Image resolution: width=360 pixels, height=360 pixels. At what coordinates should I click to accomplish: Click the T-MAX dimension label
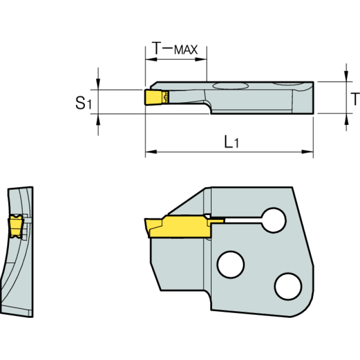175,48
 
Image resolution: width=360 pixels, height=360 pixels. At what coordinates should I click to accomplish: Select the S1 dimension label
83,103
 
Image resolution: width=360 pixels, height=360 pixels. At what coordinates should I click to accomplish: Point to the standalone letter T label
355,99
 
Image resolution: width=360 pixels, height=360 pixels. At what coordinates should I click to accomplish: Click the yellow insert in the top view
153,98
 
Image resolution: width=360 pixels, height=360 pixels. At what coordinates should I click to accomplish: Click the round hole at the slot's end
274,219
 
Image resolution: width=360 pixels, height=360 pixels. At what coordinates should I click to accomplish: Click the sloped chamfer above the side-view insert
185,200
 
